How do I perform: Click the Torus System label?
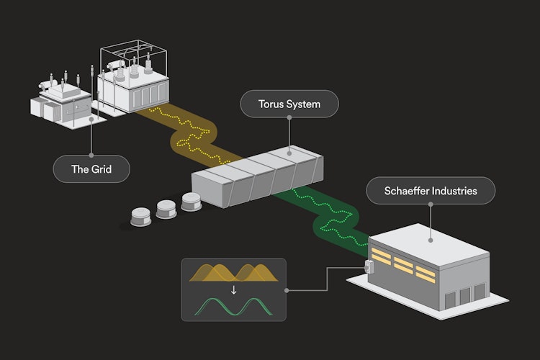click(289, 104)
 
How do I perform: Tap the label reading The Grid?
click(91, 171)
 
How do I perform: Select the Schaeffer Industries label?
click(431, 192)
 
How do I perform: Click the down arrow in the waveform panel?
click(233, 290)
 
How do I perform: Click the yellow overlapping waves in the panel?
click(233, 273)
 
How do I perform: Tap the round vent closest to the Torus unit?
click(192, 202)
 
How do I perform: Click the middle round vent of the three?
click(167, 208)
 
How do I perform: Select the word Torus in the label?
click(272, 104)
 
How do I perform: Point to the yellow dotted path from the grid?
click(190, 133)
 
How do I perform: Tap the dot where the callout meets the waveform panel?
click(287, 291)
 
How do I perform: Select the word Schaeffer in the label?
click(405, 192)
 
